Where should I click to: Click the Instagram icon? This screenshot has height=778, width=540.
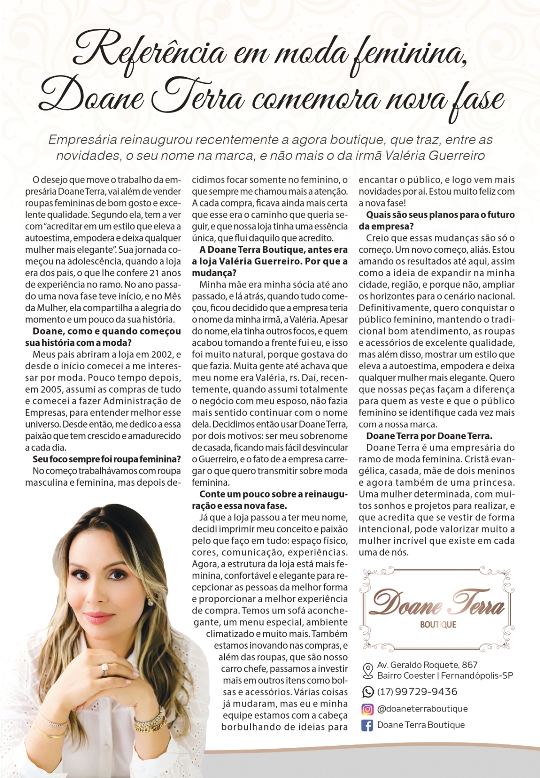coord(368,709)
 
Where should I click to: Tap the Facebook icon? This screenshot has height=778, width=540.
coord(368,725)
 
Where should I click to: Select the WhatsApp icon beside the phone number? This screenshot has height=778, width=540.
coord(368,692)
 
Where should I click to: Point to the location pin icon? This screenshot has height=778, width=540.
coord(368,670)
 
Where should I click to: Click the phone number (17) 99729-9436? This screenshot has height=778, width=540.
coord(417,692)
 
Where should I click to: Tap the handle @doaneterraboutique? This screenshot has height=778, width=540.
coord(423,709)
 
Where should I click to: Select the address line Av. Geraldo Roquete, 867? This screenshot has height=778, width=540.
coord(427,665)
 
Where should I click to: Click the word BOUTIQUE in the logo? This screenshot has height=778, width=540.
coord(438,625)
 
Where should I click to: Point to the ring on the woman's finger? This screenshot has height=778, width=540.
coord(105,669)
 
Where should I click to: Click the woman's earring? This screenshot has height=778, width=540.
coord(150,601)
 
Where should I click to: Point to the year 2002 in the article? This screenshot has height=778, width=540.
coord(161,354)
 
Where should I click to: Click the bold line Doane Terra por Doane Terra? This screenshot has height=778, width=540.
coord(429,436)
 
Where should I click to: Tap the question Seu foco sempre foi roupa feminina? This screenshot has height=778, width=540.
coord(107,459)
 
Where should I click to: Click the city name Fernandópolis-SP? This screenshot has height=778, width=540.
coord(477,675)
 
